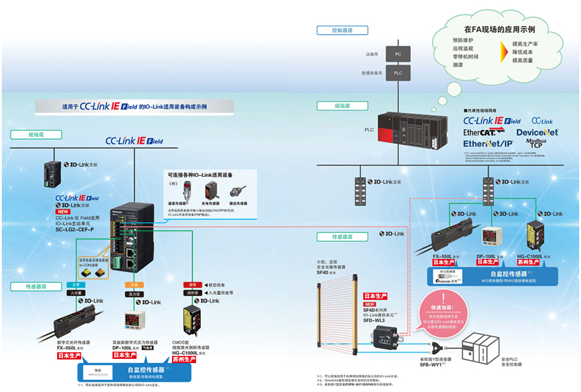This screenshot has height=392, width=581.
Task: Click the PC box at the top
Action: point(398,54)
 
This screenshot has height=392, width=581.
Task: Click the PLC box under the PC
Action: point(398,73)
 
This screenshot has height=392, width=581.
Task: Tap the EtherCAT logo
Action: point(487,132)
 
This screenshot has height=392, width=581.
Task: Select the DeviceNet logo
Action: point(537,132)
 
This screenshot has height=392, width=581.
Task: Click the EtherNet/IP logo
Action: point(488,144)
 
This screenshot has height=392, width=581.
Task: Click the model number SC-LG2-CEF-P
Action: point(75,229)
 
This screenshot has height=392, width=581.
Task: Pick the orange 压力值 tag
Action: point(134,294)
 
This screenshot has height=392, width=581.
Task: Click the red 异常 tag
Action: point(193,284)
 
